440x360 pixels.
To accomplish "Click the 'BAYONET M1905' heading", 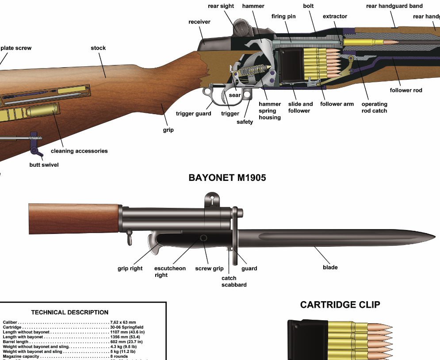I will (x=227, y=178).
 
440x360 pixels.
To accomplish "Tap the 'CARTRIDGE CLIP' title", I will (x=340, y=305).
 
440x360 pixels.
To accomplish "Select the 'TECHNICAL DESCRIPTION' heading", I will (x=70, y=312).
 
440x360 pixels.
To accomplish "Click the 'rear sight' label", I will (x=221, y=6).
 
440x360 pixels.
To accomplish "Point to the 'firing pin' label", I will (x=283, y=16).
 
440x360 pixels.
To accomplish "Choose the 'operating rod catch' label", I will (x=374, y=107).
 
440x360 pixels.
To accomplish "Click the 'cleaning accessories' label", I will (x=79, y=151).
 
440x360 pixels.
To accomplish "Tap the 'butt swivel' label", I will (x=44, y=165).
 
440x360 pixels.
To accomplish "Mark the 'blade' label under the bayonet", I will (x=330, y=267).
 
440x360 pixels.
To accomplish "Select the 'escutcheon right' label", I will (x=170, y=272).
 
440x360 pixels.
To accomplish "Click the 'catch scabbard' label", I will (x=234, y=281).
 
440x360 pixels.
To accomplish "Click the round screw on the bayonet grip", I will (x=203, y=238).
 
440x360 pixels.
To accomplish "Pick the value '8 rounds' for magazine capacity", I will (x=119, y=356).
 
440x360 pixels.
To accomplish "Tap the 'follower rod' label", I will (x=406, y=90).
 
